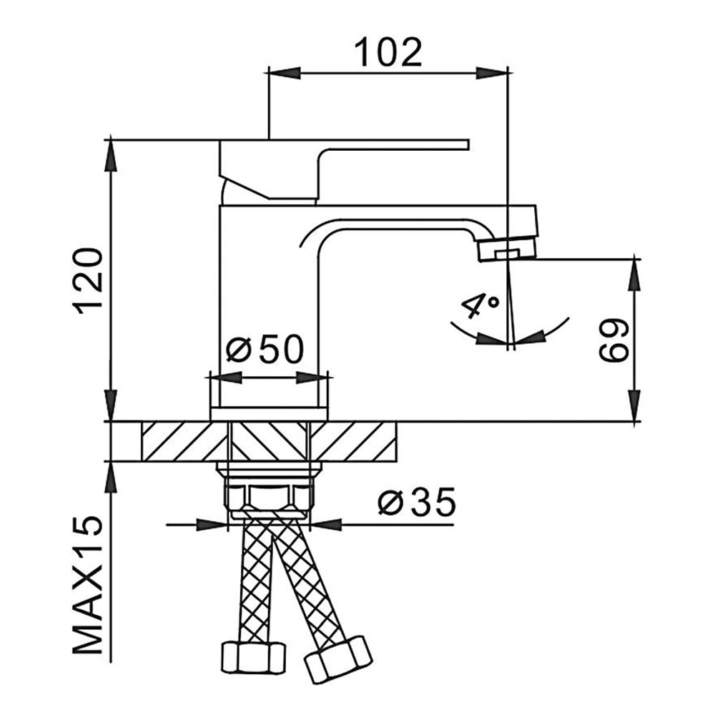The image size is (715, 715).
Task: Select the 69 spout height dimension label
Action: tap(613, 340)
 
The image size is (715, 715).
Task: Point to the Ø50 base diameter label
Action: tap(265, 350)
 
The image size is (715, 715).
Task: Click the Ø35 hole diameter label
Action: tap(417, 502)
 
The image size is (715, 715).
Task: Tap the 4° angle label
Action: tap(480, 305)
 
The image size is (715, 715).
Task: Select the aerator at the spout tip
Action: tap(506, 251)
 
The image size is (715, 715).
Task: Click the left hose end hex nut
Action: tap(254, 658)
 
